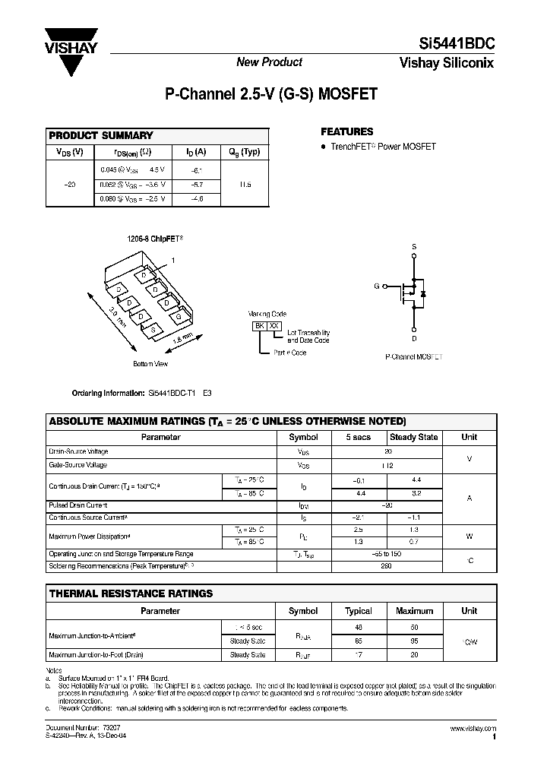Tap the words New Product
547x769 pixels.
(x=269, y=62)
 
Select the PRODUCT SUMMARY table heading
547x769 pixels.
(x=101, y=135)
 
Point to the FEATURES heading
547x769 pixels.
(x=347, y=131)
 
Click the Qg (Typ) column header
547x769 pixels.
(x=245, y=151)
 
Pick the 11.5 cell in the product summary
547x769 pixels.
(x=245, y=185)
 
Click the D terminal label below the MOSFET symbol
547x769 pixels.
(x=414, y=339)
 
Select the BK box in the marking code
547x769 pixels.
(x=259, y=326)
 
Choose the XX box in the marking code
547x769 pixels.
(x=274, y=326)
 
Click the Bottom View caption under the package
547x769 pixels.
(x=150, y=364)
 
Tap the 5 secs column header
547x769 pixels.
(x=359, y=437)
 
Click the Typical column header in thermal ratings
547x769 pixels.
(x=359, y=611)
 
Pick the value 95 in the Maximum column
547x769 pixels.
(x=414, y=641)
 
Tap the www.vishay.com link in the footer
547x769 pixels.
(x=473, y=728)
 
